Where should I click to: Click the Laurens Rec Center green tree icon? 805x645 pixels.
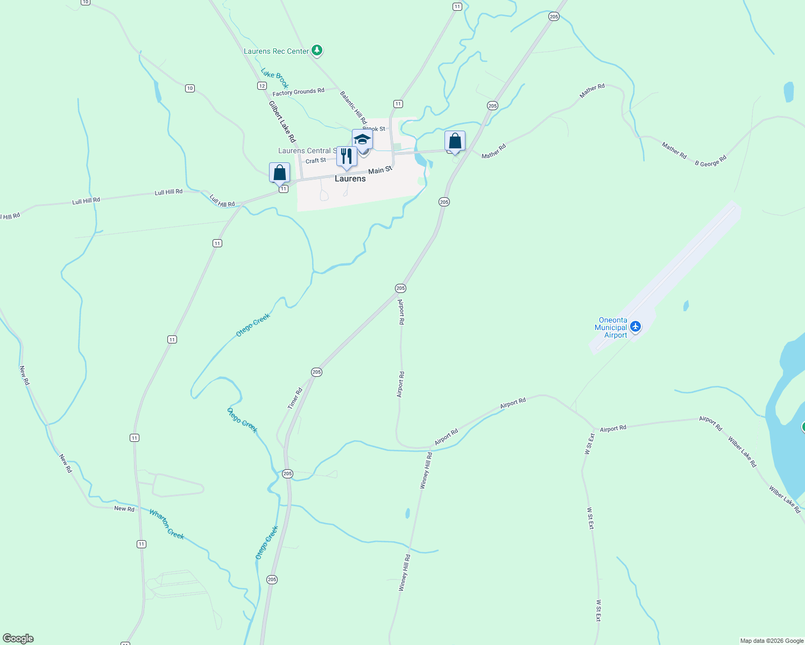pos(317,51)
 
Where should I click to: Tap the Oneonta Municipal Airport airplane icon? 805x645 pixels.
pos(635,326)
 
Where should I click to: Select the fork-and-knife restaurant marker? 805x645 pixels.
pos(347,156)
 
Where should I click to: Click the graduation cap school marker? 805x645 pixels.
pos(362,140)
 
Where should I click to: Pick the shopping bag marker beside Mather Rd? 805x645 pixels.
pos(455,141)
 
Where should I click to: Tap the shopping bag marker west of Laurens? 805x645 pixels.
pos(279,173)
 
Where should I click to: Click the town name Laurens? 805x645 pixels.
pos(350,178)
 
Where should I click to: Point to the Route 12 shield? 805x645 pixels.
pos(262,86)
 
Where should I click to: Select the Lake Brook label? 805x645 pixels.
pos(275,78)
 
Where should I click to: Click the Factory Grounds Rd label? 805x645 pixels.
pos(298,92)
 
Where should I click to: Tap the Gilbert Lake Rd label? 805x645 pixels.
pos(283,121)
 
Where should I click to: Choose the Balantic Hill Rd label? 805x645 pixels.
pos(353,107)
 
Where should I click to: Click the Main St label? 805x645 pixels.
pos(380,170)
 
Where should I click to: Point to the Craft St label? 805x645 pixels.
pos(316,161)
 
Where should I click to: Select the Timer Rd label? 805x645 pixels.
pos(295,398)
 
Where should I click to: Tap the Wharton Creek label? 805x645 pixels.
pos(167,524)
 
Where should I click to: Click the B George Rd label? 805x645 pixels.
pos(710,161)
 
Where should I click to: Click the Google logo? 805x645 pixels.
pos(18,639)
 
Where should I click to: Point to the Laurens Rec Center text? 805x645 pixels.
pos(276,51)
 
